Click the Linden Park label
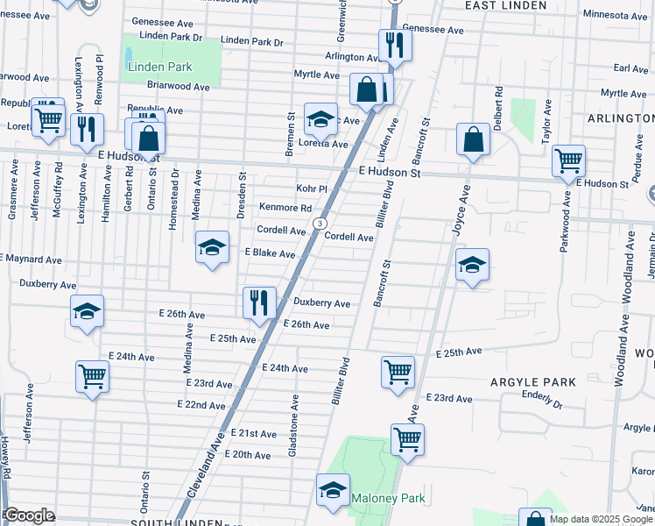coord(159,67)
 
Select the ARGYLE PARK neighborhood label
coord(533,382)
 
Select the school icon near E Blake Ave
coord(212,248)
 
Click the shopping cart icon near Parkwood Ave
coord(569,160)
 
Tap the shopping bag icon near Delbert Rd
coord(473,139)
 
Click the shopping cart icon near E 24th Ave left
coord(92,377)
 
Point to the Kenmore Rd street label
coord(285,208)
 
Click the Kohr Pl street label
coord(311,188)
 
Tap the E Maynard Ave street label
coord(32,260)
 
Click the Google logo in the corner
coord(29,515)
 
